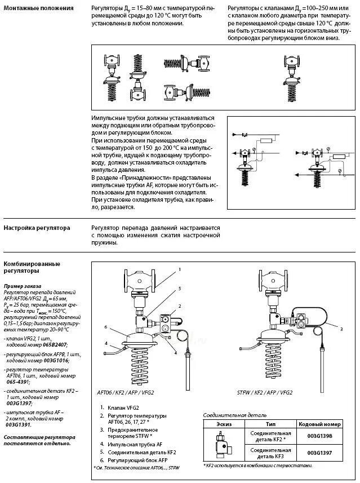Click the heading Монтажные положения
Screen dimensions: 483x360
pos(38,8)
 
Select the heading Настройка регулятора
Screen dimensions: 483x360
pos(37,228)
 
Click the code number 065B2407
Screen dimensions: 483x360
pos(55,343)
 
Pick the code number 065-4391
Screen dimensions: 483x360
pos(16,382)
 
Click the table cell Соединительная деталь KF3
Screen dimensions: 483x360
pos(271,453)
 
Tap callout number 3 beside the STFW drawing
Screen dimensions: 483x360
pos(341,328)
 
